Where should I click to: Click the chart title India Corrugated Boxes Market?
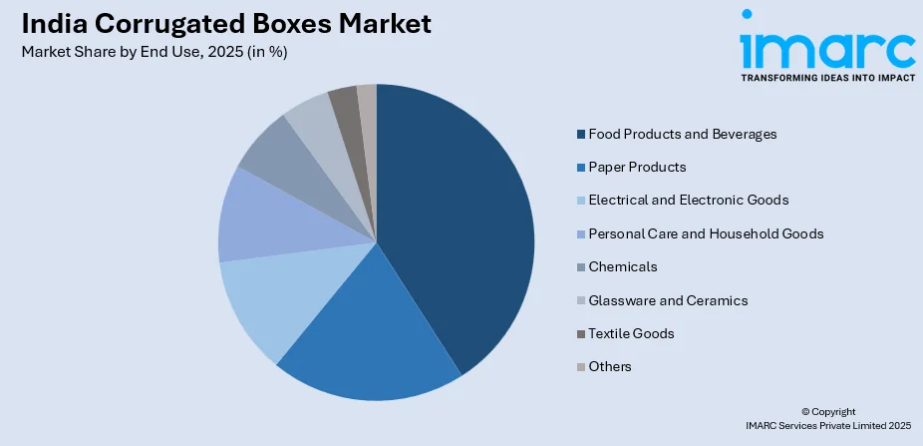[226, 24]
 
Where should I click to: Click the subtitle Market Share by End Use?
[154, 53]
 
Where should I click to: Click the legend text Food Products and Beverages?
[682, 134]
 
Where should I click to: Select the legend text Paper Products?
[637, 167]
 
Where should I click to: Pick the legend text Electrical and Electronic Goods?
[688, 200]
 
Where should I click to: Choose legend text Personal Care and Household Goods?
[706, 233]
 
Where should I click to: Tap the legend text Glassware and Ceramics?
[668, 300]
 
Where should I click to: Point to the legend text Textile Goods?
[631, 333]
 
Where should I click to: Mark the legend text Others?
[610, 366]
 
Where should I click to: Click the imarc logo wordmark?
[826, 47]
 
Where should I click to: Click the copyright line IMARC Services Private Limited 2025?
[826, 426]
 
